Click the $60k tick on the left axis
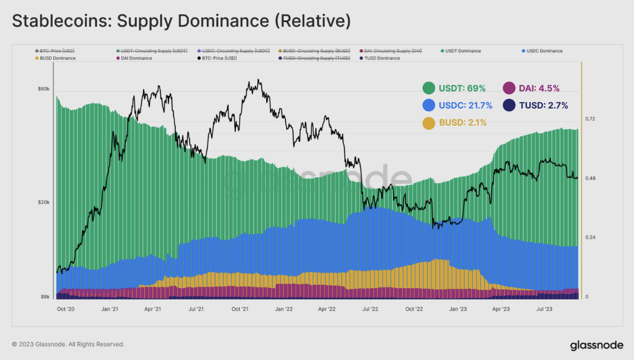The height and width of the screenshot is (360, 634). (x=43, y=89)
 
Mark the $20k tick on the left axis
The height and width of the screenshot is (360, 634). (x=43, y=202)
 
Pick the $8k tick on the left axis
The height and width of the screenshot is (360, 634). (x=45, y=297)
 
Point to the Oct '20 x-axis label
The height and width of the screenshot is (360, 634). (x=65, y=308)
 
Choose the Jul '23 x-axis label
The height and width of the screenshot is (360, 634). (x=544, y=308)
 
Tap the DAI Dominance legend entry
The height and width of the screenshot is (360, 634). (x=136, y=58)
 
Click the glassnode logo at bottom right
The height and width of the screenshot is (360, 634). (x=596, y=345)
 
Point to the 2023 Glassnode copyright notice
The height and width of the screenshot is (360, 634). (x=68, y=345)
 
